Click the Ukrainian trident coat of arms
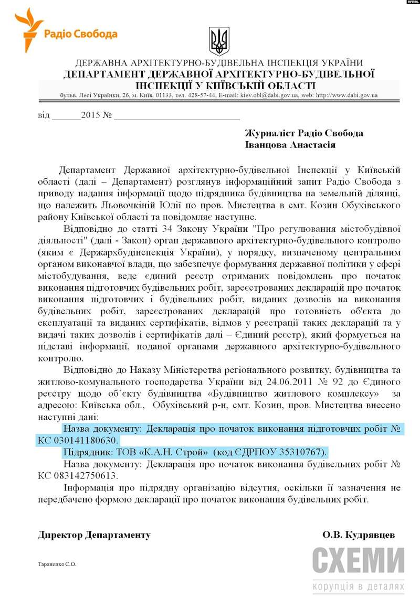coord(219,39)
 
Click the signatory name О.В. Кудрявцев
coord(359,535)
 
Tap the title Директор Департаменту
coord(94,535)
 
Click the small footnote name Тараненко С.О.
coord(57,564)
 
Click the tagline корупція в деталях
coord(359,586)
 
